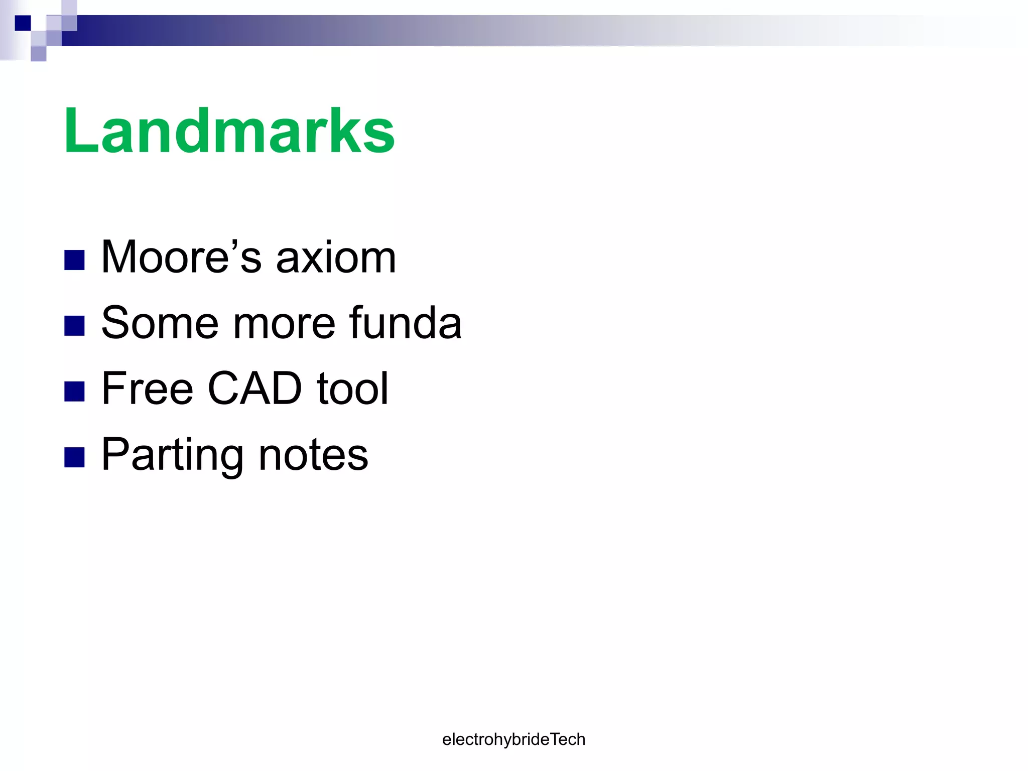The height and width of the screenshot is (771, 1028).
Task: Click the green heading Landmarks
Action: pyautogui.click(x=229, y=132)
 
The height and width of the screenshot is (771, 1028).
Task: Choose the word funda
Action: pyautogui.click(x=405, y=323)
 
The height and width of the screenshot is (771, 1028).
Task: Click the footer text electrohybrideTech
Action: pyautogui.click(x=513, y=739)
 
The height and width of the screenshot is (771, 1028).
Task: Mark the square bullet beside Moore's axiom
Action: pyautogui.click(x=74, y=260)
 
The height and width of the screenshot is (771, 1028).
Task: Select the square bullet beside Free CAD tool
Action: pyautogui.click(x=74, y=392)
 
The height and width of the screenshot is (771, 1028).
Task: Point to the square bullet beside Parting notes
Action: pyautogui.click(x=74, y=457)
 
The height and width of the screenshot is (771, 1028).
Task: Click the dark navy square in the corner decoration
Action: pyautogui.click(x=23, y=23)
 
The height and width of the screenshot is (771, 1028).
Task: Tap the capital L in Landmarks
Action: pyautogui.click(x=81, y=132)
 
